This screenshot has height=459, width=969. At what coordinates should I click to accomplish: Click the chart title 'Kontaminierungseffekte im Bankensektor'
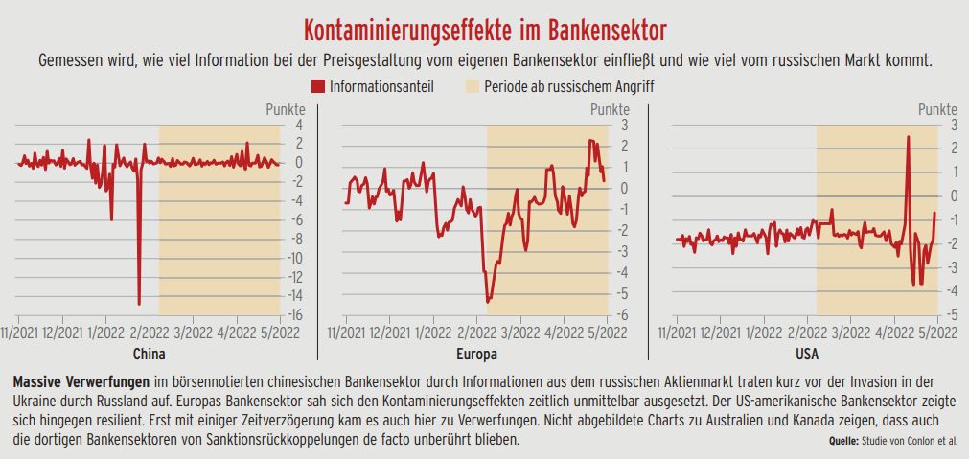pos(485,25)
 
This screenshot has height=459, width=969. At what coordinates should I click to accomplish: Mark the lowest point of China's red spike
pos(140,303)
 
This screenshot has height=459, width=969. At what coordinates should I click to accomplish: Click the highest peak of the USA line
pos(908,138)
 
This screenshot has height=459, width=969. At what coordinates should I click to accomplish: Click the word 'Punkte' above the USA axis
pos(937,109)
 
